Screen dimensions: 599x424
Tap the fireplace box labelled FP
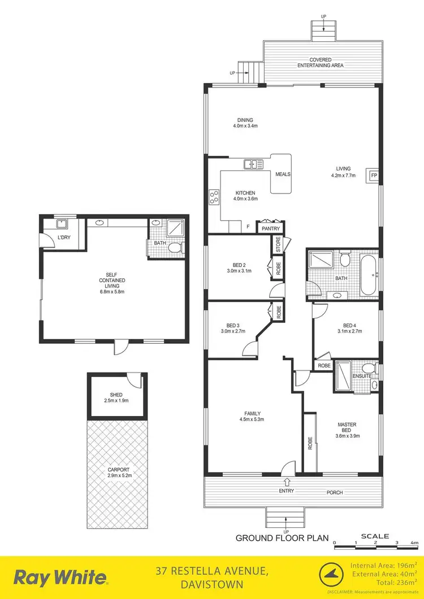[374, 175]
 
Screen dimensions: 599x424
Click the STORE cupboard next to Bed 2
[278, 246]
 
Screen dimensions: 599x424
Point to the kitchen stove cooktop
[215, 197]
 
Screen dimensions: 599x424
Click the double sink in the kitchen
[253, 164]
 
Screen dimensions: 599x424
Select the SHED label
[116, 395]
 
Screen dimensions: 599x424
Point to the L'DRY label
[64, 238]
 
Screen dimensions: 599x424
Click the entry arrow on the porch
[287, 482]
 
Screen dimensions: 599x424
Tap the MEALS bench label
[283, 174]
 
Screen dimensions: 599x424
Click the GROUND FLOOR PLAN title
[282, 539]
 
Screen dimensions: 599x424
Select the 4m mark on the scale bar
[414, 543]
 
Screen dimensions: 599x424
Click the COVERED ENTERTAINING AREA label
[321, 63]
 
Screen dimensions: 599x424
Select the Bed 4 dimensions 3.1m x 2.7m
[348, 331]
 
